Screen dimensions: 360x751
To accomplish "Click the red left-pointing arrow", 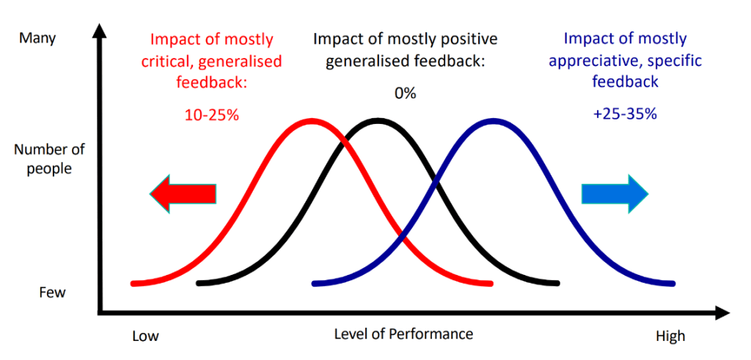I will click(183, 194).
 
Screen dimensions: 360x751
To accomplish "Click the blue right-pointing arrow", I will click(615, 193).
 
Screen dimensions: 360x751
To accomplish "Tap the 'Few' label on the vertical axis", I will click(52, 293).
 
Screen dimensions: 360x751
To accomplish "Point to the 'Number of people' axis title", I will click(50, 159).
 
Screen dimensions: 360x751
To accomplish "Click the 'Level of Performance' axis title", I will click(403, 334).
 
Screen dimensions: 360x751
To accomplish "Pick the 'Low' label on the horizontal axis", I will click(145, 337).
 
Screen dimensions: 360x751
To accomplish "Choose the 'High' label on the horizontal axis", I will click(670, 337).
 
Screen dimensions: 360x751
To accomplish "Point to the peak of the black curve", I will click(378, 120).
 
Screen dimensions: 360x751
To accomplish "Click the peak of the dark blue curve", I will click(494, 120).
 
